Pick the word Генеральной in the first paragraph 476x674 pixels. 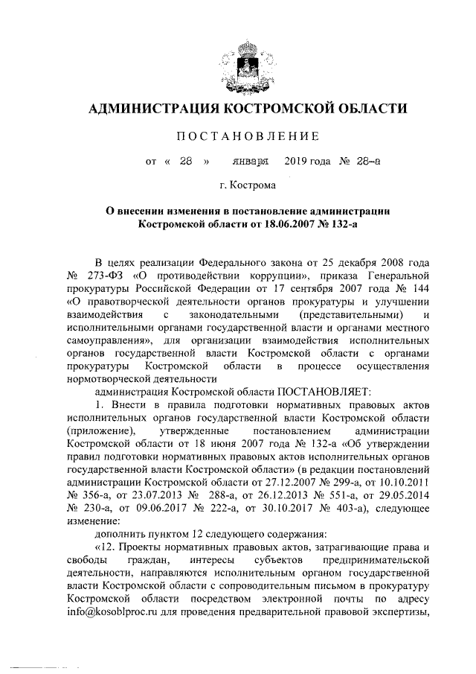click(402, 273)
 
